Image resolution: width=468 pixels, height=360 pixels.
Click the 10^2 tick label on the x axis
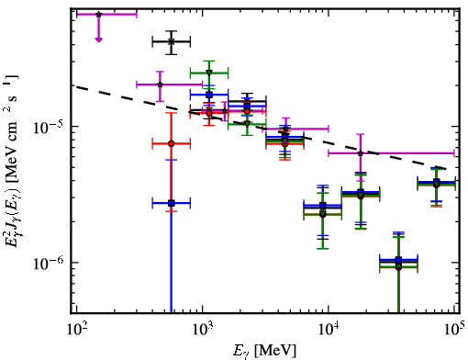tap(76, 329)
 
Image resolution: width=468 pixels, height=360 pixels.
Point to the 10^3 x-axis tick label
tap(202, 329)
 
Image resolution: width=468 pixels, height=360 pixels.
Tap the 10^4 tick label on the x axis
tap(329, 329)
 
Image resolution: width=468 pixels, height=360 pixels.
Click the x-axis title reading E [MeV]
tap(264, 351)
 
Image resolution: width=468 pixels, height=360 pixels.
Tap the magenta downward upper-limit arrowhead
tap(98, 39)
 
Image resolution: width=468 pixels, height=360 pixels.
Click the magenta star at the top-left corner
tap(98, 14)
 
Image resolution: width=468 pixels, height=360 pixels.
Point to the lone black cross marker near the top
tap(172, 42)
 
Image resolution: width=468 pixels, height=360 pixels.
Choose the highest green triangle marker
tap(209, 73)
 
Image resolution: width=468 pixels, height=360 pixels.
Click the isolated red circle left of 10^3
tap(172, 143)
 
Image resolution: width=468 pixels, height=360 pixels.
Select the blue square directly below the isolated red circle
tap(172, 203)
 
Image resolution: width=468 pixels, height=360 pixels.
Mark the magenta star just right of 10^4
tap(361, 153)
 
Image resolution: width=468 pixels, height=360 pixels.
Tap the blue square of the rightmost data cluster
tap(437, 181)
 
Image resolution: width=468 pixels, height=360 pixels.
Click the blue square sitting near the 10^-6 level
tap(398, 260)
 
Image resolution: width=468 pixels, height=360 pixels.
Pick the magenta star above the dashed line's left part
tap(160, 84)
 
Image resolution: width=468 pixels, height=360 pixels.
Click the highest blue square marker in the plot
tap(209, 95)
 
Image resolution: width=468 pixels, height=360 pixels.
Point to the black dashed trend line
tap(262, 127)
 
